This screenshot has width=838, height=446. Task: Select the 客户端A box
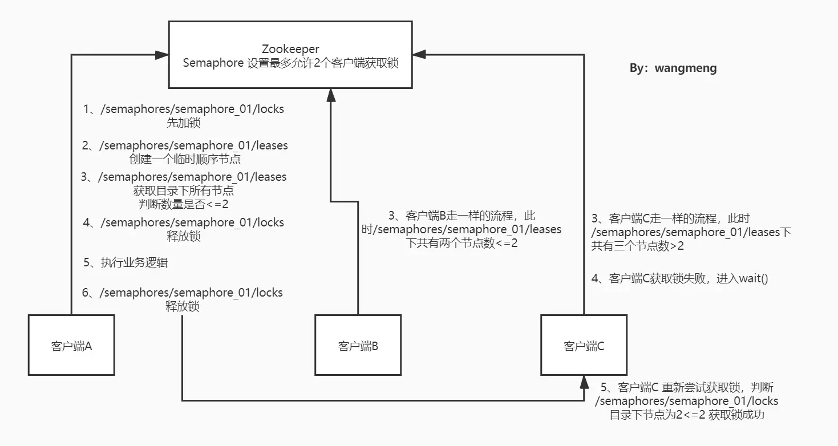point(71,345)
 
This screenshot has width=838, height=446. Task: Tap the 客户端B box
point(358,345)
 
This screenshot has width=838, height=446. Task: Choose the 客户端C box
point(584,345)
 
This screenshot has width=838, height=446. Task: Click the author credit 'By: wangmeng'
point(673,68)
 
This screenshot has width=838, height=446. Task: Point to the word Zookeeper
point(290,49)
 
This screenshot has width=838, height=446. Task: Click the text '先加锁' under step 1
point(183,123)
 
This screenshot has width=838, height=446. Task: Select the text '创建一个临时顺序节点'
point(185,159)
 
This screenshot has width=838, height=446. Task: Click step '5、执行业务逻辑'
point(126,263)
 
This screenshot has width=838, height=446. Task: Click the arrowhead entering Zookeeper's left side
point(161,55)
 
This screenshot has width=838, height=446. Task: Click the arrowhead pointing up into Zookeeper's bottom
point(330,95)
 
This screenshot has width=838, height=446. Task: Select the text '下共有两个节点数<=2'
point(463,244)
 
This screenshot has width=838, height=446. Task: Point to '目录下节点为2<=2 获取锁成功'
point(687,415)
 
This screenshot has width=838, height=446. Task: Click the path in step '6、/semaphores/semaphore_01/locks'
point(191,293)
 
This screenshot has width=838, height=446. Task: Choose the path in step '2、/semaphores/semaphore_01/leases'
point(193,145)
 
